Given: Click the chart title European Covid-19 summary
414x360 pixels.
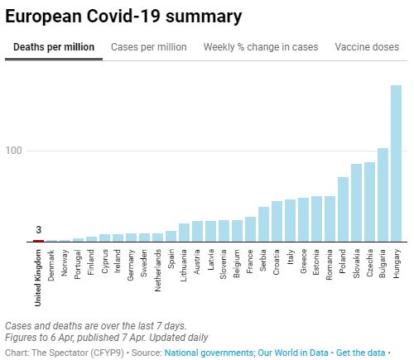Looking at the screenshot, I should (123, 16).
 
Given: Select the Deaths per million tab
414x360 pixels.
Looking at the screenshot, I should (54, 47).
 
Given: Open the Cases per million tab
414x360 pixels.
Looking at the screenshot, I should (149, 47).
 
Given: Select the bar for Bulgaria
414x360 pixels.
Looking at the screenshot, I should (383, 194).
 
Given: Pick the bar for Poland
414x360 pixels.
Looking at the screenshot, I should (343, 209).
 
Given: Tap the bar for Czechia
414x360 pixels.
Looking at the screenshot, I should (369, 201).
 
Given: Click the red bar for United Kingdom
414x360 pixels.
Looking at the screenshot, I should (38, 241).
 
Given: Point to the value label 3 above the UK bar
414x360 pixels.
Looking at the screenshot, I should (38, 230).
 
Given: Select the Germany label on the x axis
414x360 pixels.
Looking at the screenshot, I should (131, 263).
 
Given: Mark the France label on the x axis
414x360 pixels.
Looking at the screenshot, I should (250, 261).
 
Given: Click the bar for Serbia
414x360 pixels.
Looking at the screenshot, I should (263, 224).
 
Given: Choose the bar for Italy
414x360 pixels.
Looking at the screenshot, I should (290, 220).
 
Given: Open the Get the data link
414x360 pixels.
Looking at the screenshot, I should (359, 353).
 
